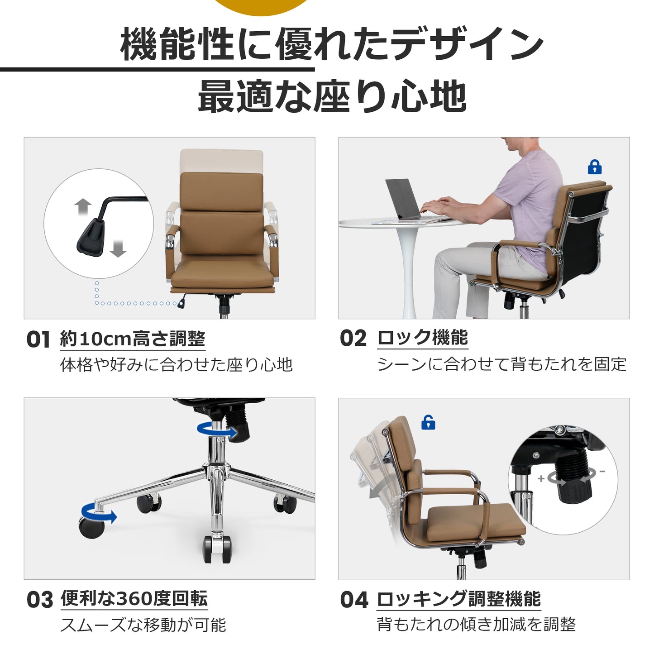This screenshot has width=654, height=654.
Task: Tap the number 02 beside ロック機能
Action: [353, 338]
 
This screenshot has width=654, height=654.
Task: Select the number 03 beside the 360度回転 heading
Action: [40, 600]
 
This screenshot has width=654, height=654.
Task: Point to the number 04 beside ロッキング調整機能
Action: [354, 600]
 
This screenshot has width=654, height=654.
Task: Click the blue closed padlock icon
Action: [594, 167]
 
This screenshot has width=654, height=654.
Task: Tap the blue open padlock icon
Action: [428, 422]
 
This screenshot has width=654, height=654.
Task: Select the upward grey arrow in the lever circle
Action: [83, 207]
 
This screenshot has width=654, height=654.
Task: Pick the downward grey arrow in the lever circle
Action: [118, 248]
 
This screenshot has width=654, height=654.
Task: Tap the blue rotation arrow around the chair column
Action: [217, 430]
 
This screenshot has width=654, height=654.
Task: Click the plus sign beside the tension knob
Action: [541, 478]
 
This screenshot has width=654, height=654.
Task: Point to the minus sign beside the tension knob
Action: [602, 472]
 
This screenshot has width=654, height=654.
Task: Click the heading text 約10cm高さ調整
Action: [133, 339]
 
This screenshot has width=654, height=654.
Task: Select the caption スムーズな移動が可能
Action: [143, 625]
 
